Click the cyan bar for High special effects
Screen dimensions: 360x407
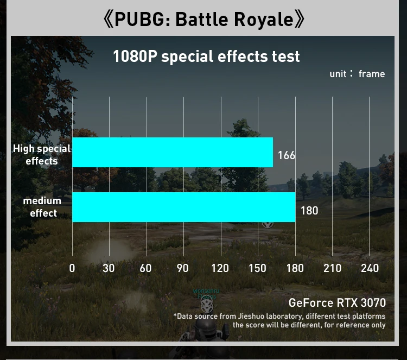[173, 152]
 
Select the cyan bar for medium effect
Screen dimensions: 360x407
[183, 207]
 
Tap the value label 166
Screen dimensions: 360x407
[287, 155]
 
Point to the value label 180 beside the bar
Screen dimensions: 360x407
[309, 210]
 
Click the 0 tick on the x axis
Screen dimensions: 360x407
[72, 268]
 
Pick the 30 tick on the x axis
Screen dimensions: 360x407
[109, 268]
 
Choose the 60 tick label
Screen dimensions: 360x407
[145, 268]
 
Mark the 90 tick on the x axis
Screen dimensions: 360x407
[183, 268]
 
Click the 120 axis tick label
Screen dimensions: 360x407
[220, 268]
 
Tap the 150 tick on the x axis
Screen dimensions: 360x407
[257, 268]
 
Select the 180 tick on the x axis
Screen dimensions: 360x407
[295, 268]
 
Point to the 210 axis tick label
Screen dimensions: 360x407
[332, 268]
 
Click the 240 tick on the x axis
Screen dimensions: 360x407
[369, 268]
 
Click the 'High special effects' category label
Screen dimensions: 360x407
[42, 154]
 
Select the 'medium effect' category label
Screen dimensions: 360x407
[42, 207]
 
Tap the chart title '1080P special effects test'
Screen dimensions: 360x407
[206, 56]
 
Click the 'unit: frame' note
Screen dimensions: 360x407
[357, 74]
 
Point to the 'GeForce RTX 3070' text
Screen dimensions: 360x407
[337, 303]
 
